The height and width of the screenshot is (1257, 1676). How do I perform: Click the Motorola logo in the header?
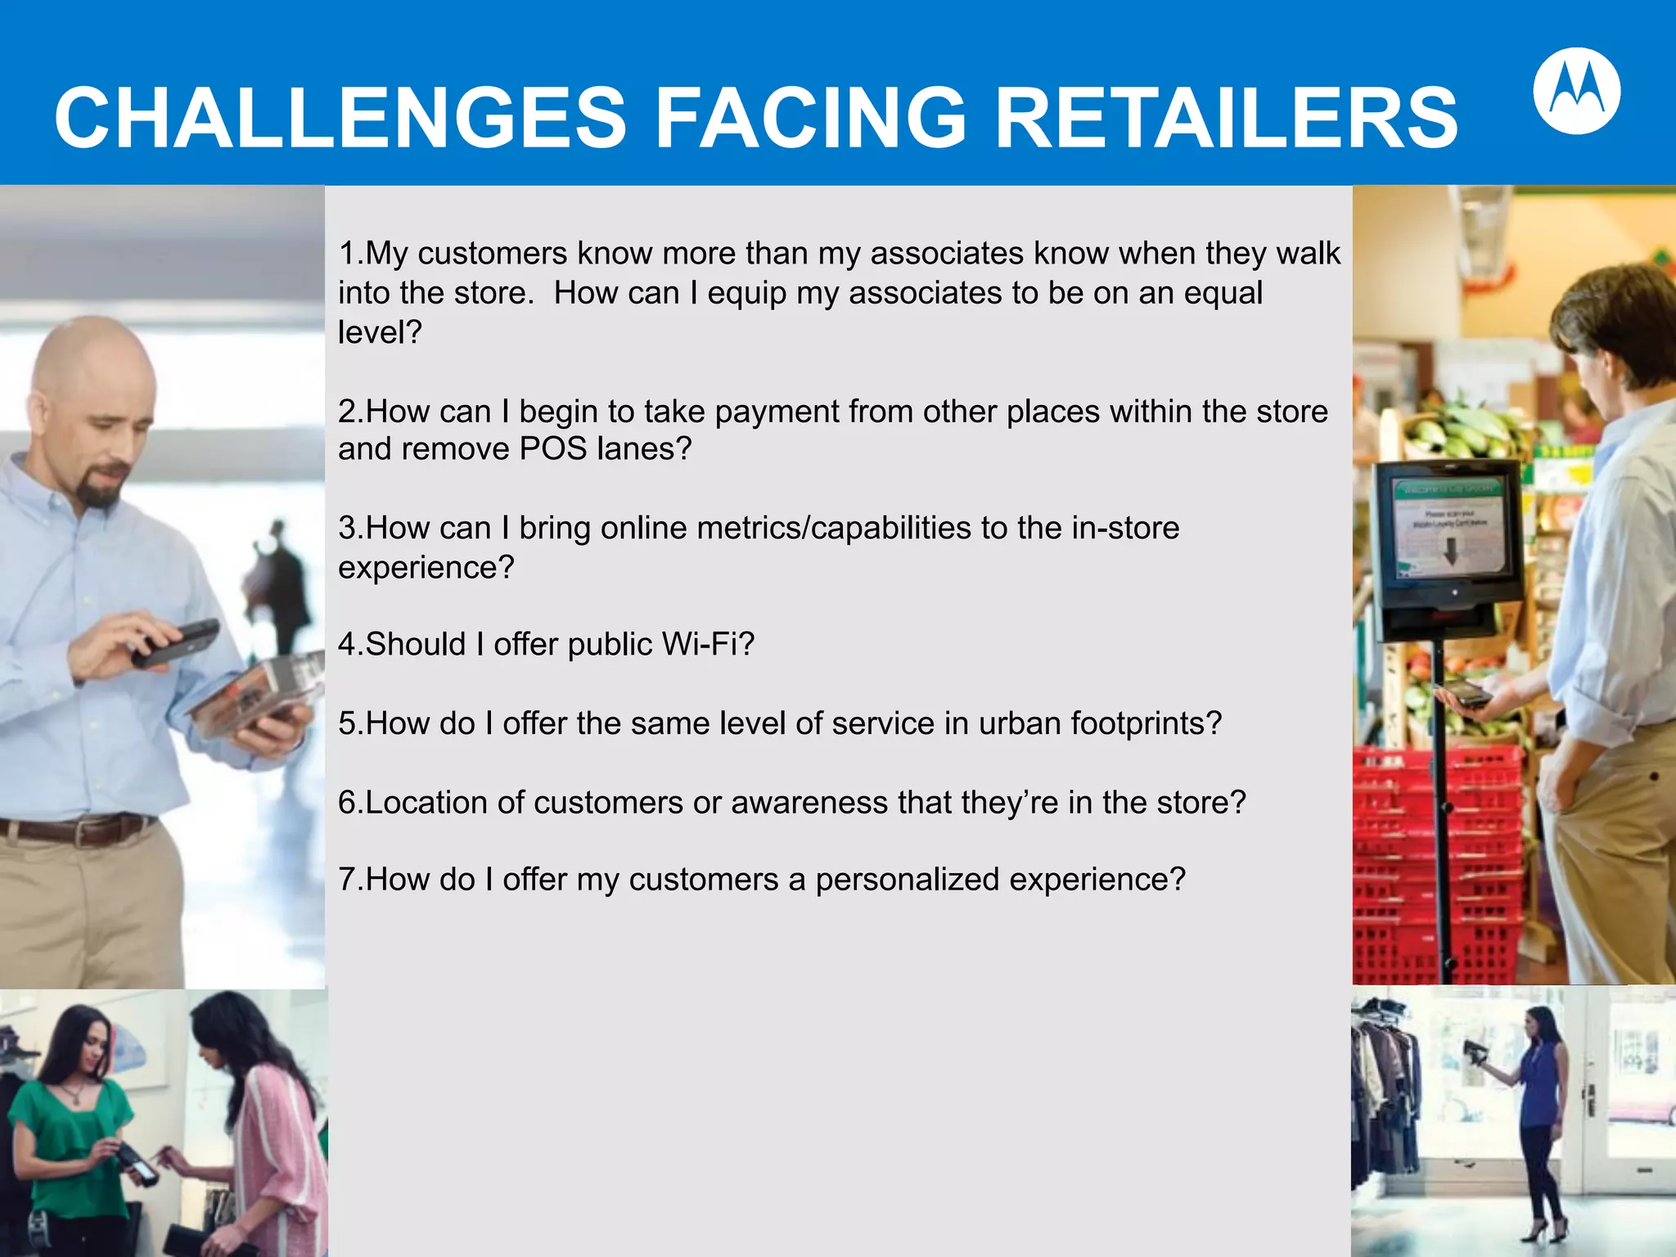(x=1576, y=91)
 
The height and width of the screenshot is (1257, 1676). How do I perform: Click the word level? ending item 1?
(x=380, y=332)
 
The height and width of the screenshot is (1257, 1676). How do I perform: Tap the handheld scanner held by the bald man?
(x=176, y=642)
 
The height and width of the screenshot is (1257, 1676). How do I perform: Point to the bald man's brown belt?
(x=78, y=829)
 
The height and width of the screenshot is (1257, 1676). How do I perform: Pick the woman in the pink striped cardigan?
(x=262, y=1129)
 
